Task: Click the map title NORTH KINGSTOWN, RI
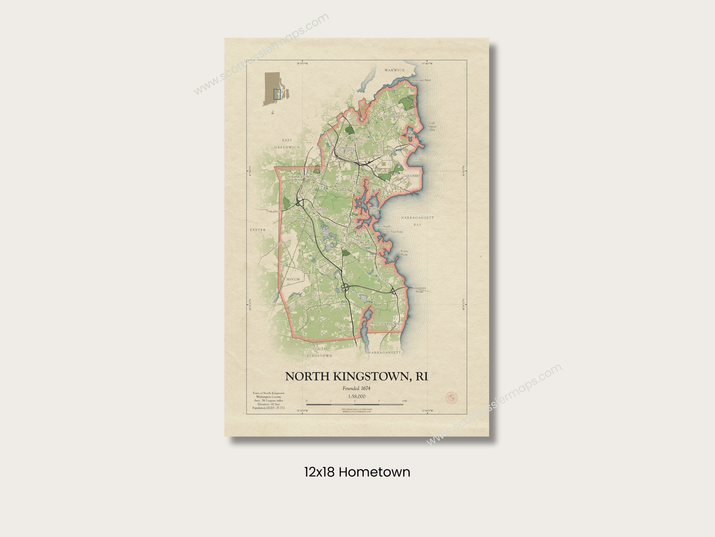(x=356, y=376)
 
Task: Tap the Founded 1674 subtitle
(x=356, y=388)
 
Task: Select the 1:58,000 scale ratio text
(x=357, y=396)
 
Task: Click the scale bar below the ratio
(x=354, y=405)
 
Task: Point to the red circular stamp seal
(x=452, y=397)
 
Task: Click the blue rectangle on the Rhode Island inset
(x=277, y=94)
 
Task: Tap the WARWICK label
(x=394, y=70)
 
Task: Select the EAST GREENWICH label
(x=287, y=144)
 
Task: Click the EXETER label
(x=258, y=230)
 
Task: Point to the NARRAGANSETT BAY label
(x=418, y=221)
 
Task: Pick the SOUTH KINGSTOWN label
(x=319, y=352)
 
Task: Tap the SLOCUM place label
(x=293, y=279)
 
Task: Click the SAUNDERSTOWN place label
(x=387, y=324)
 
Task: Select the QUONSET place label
(x=413, y=176)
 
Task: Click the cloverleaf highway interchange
(x=345, y=287)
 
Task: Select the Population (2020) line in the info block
(x=268, y=408)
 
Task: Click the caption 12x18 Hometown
(x=357, y=472)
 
